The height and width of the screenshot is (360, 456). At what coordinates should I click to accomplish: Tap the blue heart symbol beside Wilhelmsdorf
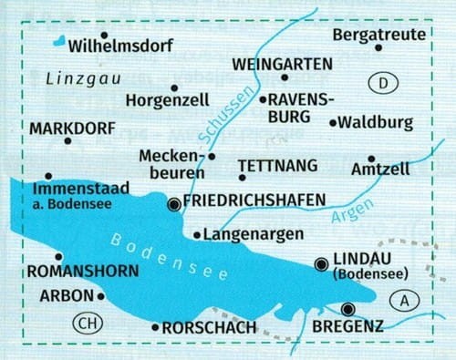tap(58, 41)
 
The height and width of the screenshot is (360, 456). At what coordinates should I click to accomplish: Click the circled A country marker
tap(404, 300)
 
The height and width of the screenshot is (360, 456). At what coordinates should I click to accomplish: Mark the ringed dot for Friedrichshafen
tap(174, 205)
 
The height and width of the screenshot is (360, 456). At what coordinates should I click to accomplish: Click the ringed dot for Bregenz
tap(347, 308)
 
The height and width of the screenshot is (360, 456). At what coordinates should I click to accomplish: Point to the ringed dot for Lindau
tap(320, 264)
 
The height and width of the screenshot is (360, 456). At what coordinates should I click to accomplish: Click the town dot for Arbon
tap(100, 295)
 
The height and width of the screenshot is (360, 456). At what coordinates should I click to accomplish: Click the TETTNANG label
tap(277, 165)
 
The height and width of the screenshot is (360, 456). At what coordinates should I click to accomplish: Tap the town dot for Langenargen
tap(197, 235)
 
